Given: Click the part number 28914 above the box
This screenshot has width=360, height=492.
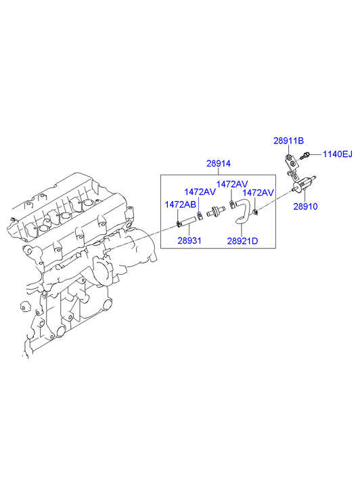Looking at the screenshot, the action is coord(218,164).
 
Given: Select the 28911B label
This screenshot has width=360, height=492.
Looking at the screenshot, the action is coord(288,141).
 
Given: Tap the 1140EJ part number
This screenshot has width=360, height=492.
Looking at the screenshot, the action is coord(338,154).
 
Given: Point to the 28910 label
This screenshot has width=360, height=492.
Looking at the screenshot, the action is coord(305,206).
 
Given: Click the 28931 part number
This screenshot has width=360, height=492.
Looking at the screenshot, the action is coord(189,241).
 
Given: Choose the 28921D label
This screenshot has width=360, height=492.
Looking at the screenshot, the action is coord(242,241).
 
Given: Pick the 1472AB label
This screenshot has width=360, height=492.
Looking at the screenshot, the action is coord(181,204).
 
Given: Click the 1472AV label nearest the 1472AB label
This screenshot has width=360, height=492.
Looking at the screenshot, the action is coord(200,192).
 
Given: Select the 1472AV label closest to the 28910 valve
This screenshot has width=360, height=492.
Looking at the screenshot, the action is coord(258,192).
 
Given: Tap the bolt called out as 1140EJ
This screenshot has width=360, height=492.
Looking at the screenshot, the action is coord(305,156).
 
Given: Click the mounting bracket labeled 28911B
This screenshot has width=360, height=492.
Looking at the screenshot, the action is coord(291,164).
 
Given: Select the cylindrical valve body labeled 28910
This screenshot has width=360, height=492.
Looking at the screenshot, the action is coord(303,185).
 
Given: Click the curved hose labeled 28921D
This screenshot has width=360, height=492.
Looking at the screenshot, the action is coord(242,211).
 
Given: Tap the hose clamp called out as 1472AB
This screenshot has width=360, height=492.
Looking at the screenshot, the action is coord(178,224).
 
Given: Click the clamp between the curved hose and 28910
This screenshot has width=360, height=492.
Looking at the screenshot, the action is coord(256,212).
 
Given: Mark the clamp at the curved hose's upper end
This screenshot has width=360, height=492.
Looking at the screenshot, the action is coord(231,204).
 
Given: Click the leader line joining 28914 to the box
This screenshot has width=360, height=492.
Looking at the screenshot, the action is coord(218,171).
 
